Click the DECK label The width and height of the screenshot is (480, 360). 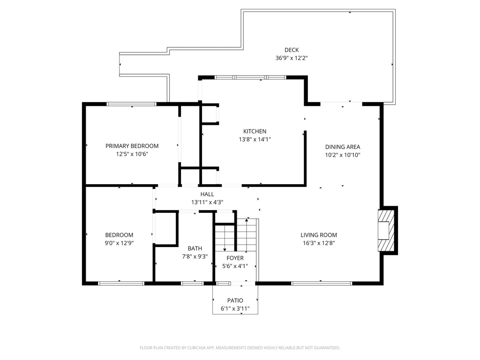[x=292, y=50]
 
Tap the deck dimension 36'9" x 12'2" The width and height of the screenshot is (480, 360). [x=292, y=58]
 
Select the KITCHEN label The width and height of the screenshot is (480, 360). [x=255, y=131]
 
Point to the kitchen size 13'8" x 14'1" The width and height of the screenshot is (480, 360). [x=255, y=139]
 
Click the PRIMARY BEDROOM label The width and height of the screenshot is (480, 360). [x=132, y=146]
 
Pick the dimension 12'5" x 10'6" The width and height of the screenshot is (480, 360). [x=132, y=154]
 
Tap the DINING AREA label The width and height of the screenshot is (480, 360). [x=343, y=147]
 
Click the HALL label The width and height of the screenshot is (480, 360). [x=207, y=194]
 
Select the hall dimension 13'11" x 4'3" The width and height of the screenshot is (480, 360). [x=207, y=202]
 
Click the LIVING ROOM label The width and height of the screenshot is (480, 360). [x=319, y=235]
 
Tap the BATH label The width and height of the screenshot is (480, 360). [x=195, y=248]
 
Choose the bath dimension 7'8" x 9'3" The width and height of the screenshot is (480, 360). [x=195, y=256]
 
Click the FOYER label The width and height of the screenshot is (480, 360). [x=235, y=258]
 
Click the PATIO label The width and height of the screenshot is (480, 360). [x=235, y=300]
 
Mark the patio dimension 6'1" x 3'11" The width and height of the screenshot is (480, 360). [x=235, y=308]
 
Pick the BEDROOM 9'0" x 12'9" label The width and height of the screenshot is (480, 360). [x=119, y=235]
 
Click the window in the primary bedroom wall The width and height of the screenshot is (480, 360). [x=132, y=104]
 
